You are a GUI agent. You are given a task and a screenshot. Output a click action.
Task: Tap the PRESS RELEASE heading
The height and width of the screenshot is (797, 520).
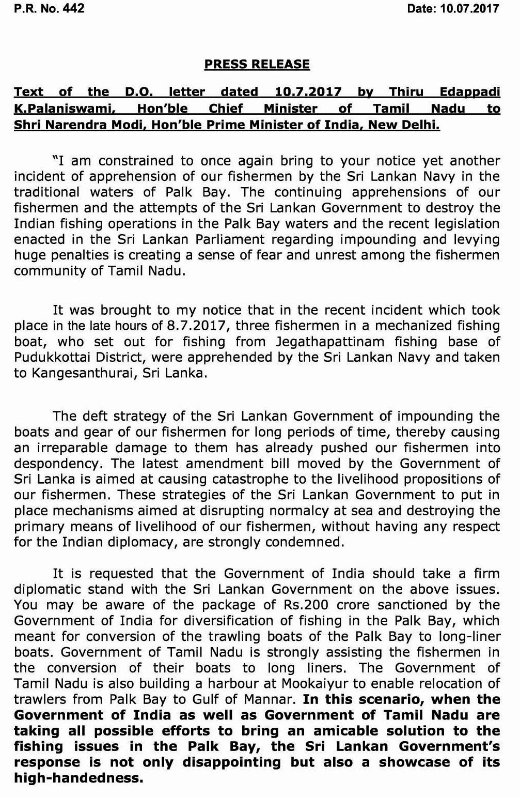pos(257,65)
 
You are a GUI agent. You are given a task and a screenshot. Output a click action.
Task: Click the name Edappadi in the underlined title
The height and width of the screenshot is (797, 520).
pos(469,93)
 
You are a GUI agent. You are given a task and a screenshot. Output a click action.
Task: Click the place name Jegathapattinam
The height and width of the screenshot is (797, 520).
pos(332,342)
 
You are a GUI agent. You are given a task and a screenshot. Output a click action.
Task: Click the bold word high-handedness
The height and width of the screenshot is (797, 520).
pos(78,778)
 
